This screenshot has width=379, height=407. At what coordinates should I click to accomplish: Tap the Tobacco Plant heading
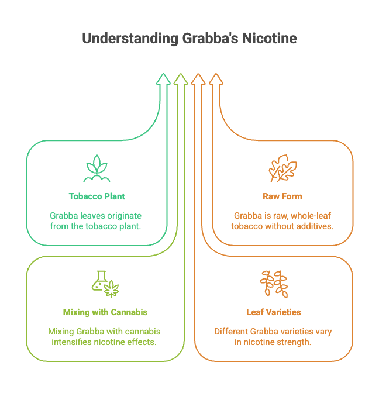97,196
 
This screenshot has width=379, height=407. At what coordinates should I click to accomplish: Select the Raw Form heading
282,196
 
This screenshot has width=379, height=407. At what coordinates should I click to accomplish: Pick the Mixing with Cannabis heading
97,312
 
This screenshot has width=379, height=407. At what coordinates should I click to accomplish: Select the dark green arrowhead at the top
164,80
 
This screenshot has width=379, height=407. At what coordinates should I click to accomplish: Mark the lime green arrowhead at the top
181,80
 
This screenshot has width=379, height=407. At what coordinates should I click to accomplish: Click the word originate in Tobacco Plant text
123,215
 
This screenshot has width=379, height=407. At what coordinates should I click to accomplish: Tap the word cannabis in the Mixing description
139,331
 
